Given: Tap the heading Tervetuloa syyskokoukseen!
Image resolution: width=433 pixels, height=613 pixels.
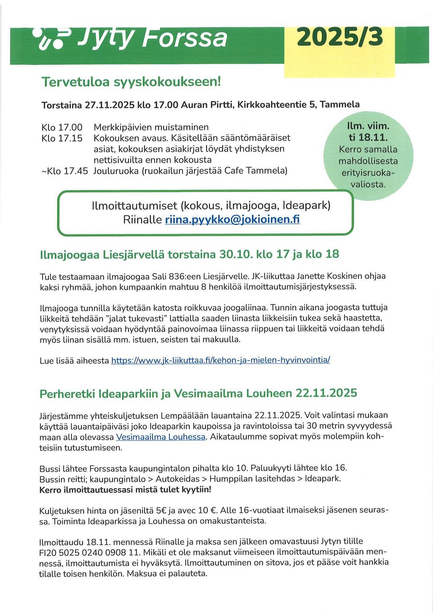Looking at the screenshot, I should pyautogui.click(x=131, y=82).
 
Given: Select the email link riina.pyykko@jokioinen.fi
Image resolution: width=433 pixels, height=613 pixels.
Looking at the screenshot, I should pyautogui.click(x=232, y=219).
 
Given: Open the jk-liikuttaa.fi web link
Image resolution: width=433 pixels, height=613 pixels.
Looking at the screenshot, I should pyautogui.click(x=220, y=360).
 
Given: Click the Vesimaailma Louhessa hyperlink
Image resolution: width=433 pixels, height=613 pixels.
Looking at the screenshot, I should pyautogui.click(x=161, y=437).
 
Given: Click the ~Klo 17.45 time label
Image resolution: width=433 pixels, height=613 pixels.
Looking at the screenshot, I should pyautogui.click(x=64, y=171).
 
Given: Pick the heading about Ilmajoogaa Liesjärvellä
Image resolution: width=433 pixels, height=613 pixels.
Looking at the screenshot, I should pyautogui.click(x=189, y=254).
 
